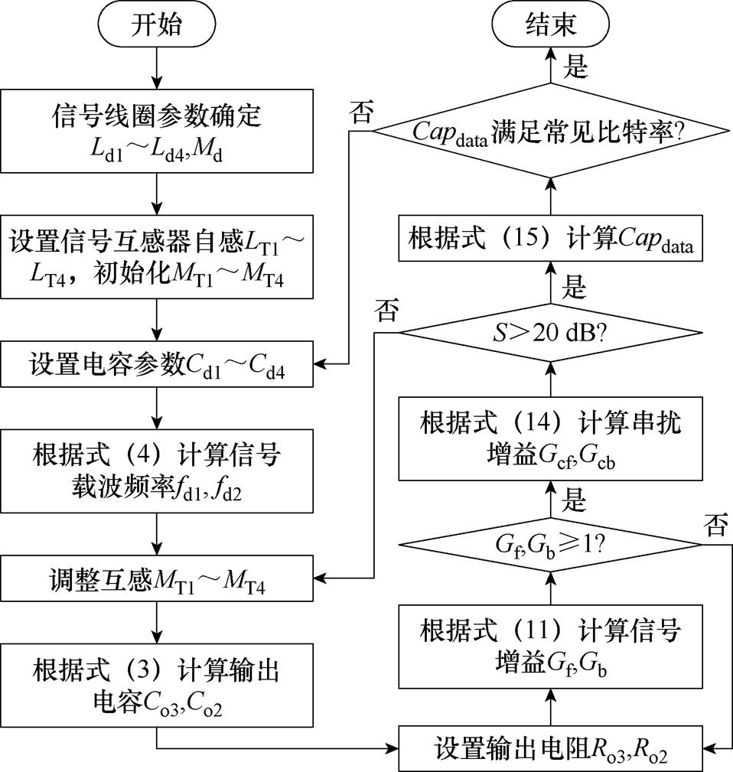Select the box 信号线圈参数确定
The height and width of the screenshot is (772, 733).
(156, 131)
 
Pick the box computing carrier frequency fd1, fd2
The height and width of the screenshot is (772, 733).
(156, 471)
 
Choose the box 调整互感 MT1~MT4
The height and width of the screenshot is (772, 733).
(156, 578)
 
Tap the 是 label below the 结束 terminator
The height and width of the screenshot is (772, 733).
(575, 67)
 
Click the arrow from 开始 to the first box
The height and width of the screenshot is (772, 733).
(156, 69)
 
